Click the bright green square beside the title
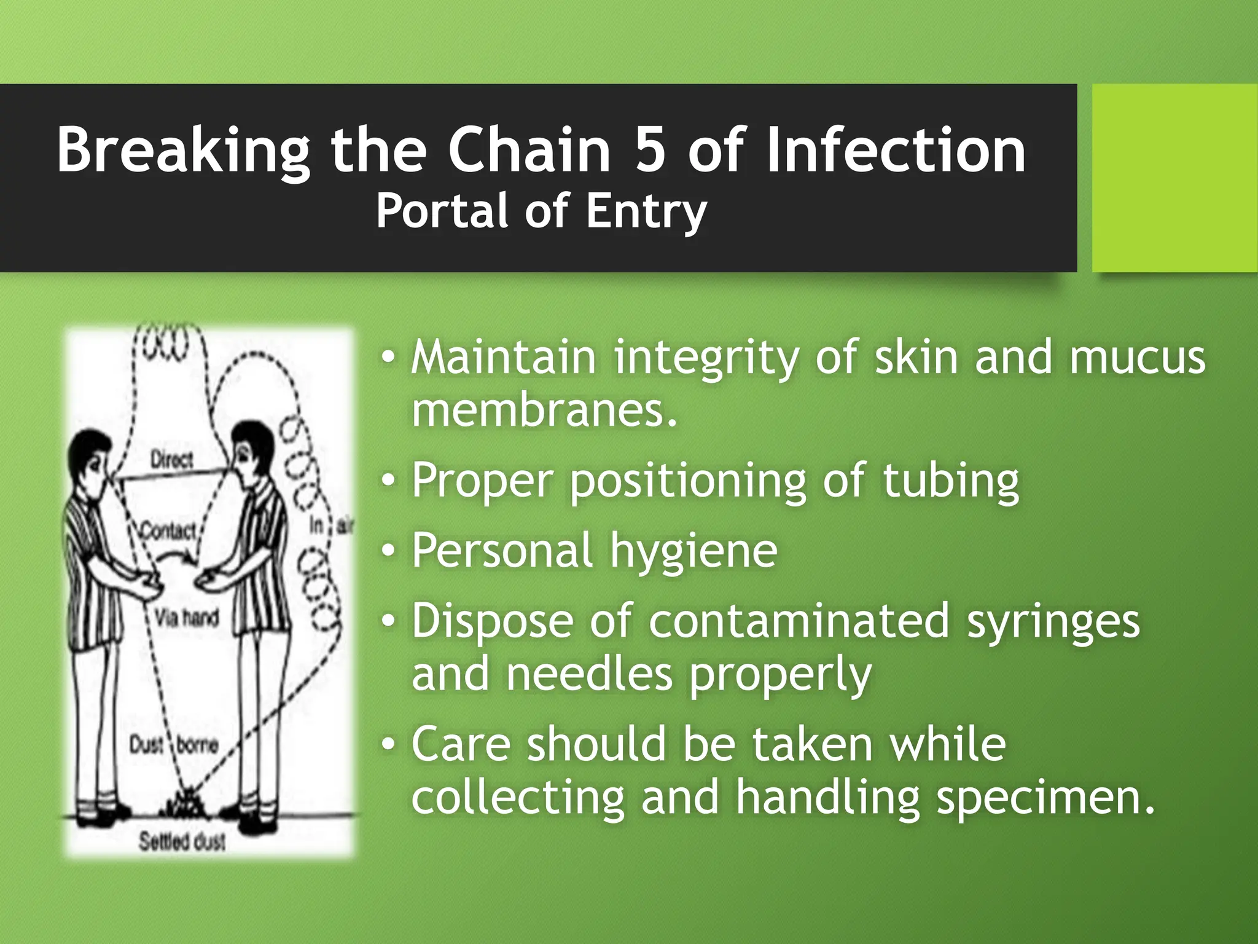(x=1174, y=178)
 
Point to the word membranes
(x=544, y=411)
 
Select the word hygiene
(x=693, y=551)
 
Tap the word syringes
(x=1053, y=622)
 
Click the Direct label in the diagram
(x=171, y=460)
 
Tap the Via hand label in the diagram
(x=186, y=617)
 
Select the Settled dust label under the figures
(x=182, y=841)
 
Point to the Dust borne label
(x=174, y=745)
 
